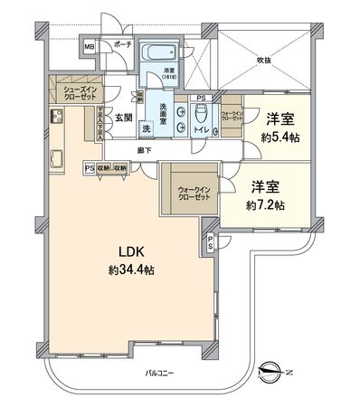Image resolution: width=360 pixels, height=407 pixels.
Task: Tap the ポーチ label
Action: (109, 44)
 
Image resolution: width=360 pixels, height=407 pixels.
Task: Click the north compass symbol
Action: (274, 370)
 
